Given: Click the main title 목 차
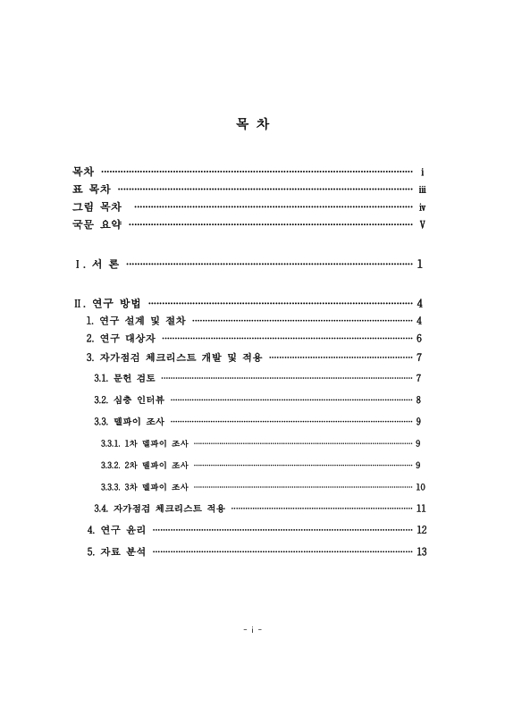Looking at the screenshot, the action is [x=251, y=124].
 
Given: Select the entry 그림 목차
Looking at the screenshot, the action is [x=97, y=206].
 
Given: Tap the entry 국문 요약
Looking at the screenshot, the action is [x=97, y=224].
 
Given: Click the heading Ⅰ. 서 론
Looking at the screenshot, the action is [x=97, y=265].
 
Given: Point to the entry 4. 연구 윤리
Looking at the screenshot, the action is [x=116, y=530].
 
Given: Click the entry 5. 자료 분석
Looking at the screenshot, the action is [x=116, y=551].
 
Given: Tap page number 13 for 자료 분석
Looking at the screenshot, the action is [x=422, y=551].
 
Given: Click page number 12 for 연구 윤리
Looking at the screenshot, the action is [x=422, y=530].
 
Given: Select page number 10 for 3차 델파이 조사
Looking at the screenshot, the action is [x=421, y=487].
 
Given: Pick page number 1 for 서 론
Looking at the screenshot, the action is [x=419, y=265].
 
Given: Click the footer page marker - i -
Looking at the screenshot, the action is [x=252, y=629].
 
